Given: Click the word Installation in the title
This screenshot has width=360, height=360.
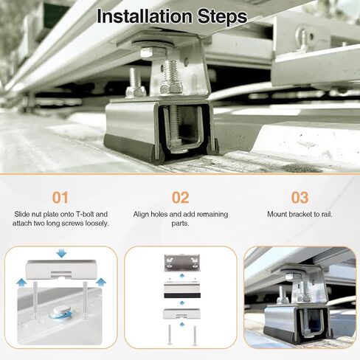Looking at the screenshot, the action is [145, 16].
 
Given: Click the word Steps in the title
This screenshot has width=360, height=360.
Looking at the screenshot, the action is [222, 16].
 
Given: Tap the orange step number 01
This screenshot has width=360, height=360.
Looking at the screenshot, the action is [60, 198].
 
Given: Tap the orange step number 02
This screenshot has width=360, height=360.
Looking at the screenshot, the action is [180, 198].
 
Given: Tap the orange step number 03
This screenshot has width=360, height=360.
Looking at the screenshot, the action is [300, 198].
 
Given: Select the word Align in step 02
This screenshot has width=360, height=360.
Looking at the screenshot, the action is [141, 215].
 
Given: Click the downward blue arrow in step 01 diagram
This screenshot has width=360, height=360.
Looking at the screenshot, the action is [61, 253].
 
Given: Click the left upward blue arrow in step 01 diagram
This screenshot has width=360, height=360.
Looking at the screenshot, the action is [21, 283].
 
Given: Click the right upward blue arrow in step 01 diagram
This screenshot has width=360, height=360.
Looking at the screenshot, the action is [101, 283].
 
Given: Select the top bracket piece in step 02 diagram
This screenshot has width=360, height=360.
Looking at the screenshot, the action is [182, 263].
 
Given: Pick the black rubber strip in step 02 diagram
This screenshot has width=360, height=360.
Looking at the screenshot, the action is [182, 295].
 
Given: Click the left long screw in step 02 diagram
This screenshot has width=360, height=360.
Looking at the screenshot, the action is [170, 335].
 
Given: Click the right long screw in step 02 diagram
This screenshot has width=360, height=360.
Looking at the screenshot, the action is [195, 335].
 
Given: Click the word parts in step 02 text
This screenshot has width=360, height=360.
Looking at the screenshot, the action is [180, 224].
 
